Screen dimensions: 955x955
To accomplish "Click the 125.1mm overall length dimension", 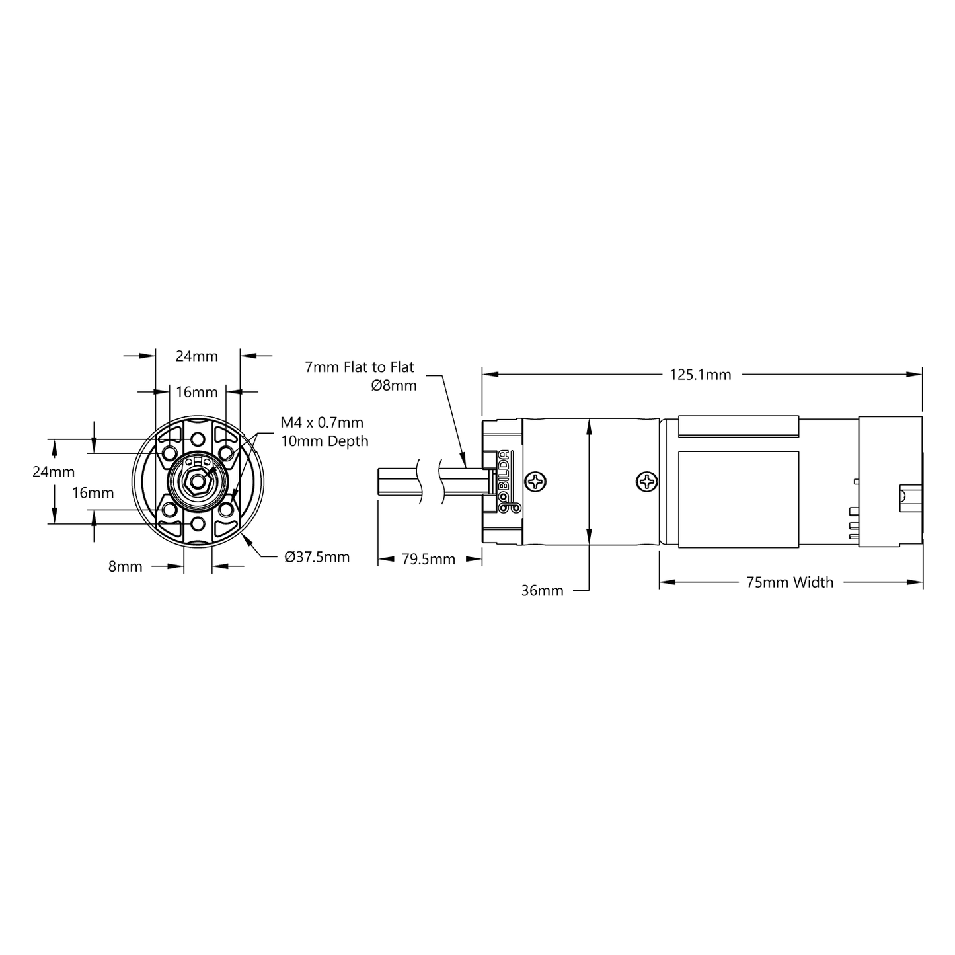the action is point(700,375).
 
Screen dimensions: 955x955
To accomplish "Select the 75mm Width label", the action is point(790,582).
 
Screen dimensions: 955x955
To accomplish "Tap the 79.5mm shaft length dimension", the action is point(428,559).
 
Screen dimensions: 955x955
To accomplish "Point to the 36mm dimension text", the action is point(542,590).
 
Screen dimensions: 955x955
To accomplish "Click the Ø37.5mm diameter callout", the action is point(317,557).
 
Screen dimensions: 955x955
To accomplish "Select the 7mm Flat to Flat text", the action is point(360,367).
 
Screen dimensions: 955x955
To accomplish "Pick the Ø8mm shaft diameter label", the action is point(394,385).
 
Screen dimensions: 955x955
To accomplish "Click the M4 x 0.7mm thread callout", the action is point(322,422).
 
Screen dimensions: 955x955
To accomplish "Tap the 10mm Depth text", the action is point(325,441).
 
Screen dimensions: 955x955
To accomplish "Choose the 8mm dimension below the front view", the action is point(126,566).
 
